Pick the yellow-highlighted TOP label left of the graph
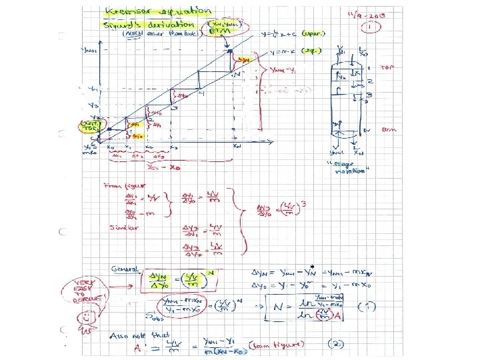pyautogui.click(x=87, y=125)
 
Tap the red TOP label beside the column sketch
pyautogui.click(x=387, y=67)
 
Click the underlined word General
pyautogui.click(x=125, y=269)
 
